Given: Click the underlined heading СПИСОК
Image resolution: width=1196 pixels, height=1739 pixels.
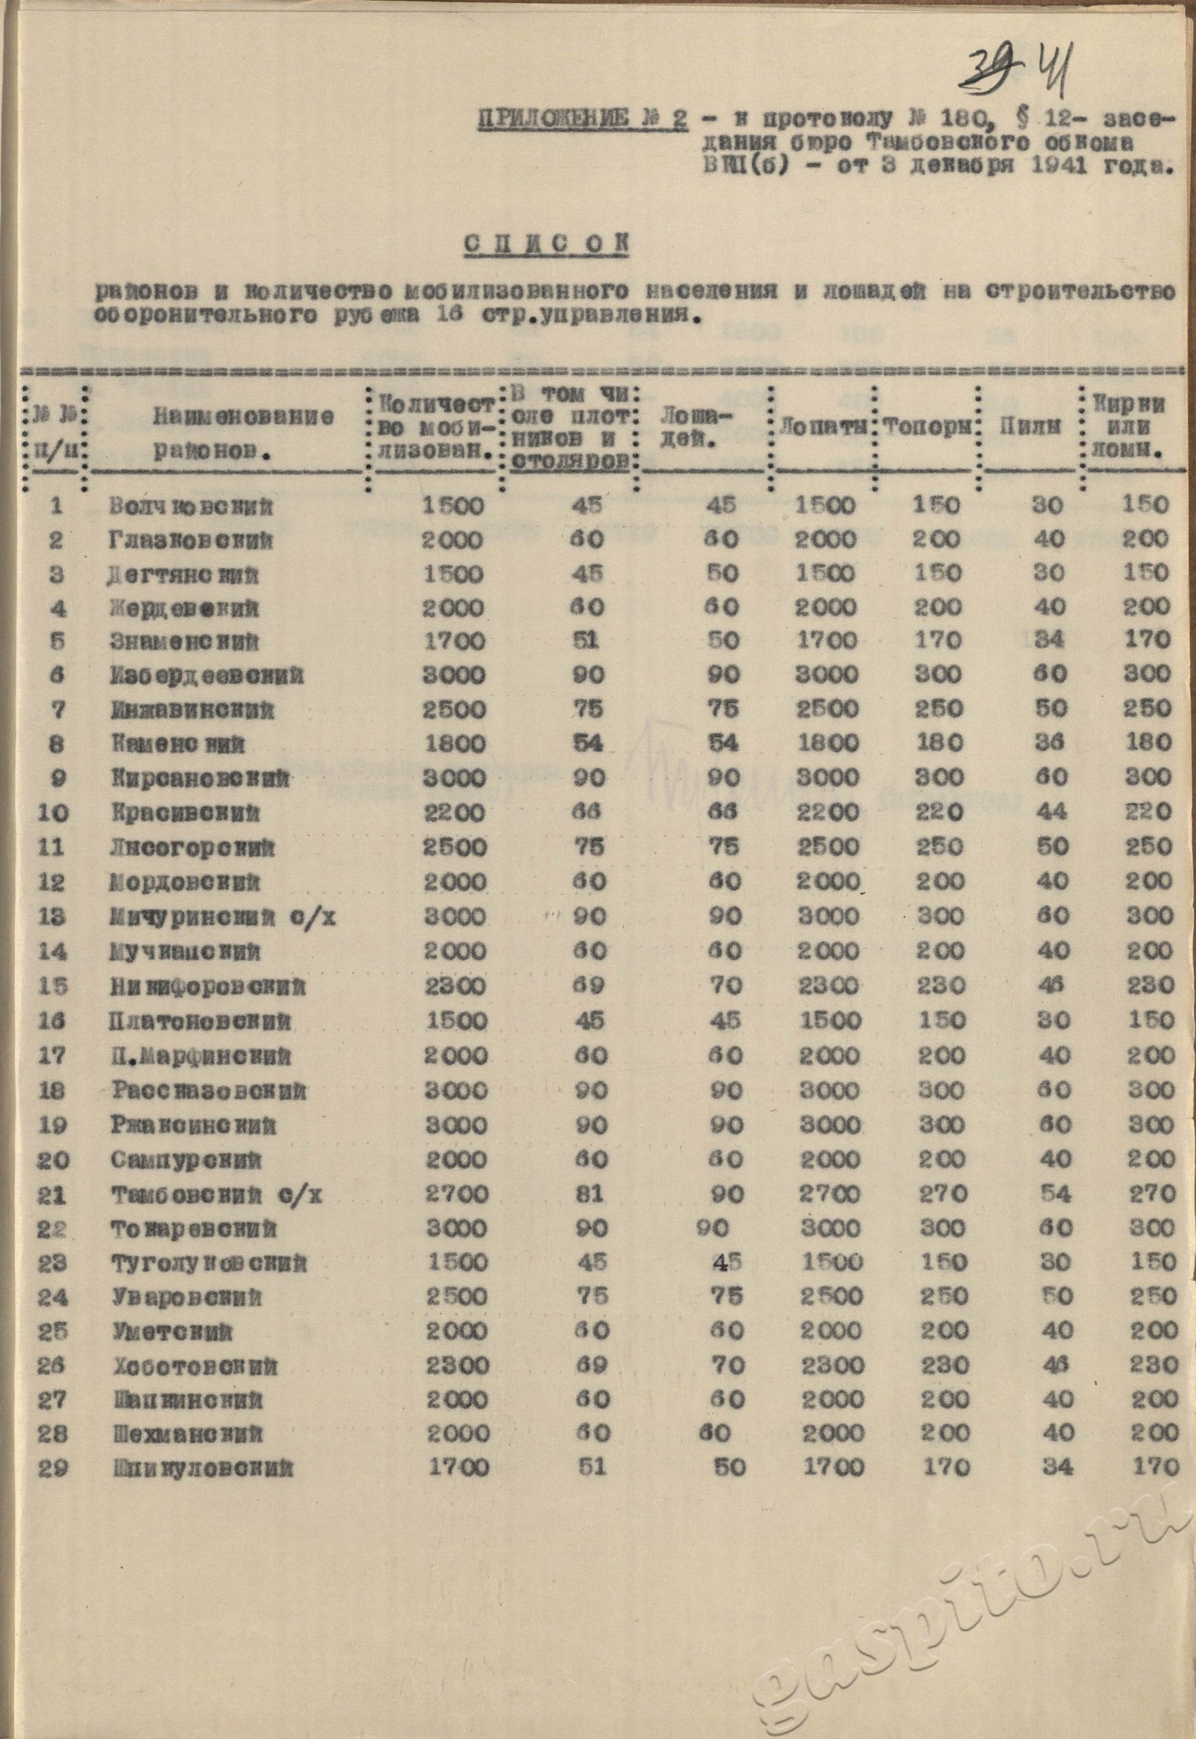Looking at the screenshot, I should pos(545,245).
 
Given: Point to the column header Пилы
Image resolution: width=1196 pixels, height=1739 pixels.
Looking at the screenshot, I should pos(1029,427).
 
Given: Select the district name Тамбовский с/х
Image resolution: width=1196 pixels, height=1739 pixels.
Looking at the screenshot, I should pos(217,1195).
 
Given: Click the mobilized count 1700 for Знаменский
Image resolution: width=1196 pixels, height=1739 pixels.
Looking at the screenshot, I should pos(454,641).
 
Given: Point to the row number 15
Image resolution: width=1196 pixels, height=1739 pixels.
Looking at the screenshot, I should pos(52,986).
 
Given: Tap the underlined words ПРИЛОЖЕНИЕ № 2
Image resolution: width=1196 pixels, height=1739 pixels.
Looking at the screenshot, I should pos(582,119).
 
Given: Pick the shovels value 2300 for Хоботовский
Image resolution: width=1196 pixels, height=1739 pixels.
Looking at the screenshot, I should pos(831,1365).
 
